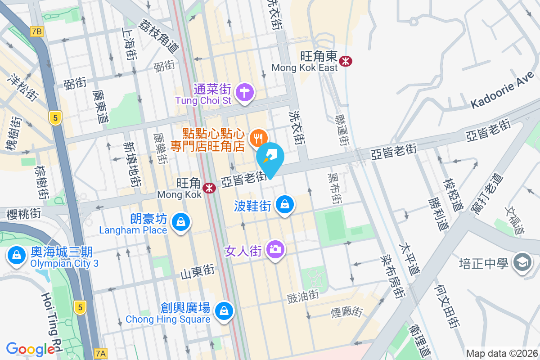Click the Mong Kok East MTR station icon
click(346, 61)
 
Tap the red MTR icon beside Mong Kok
click(209, 188)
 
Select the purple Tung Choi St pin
click(245, 93)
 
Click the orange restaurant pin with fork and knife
click(258, 137)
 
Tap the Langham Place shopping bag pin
click(180, 222)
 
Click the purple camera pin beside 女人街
click(276, 249)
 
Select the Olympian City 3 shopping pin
click(16, 255)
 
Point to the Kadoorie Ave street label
click(502, 92)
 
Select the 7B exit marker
click(37, 31)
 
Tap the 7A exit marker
click(101, 354)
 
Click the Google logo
click(31, 349)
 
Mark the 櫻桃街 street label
click(24, 213)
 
